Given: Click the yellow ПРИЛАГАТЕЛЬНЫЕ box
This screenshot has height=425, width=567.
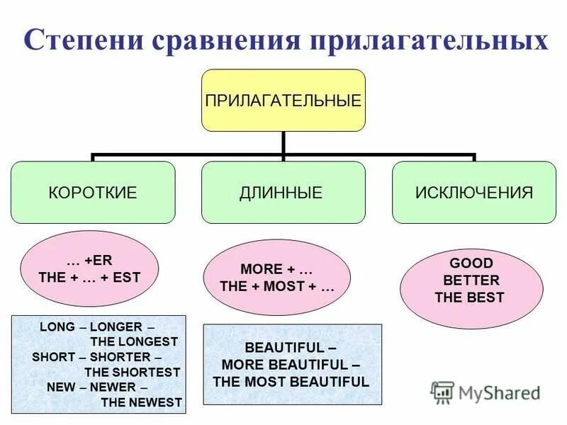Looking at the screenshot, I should point(283,100).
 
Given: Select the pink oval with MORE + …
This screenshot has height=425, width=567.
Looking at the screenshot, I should point(277,278).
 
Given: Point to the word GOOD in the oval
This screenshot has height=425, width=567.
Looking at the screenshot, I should point(468,263).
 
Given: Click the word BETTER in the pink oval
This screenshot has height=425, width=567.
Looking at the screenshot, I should point(471,280).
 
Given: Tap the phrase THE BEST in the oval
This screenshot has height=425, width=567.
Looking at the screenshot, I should point(469,297).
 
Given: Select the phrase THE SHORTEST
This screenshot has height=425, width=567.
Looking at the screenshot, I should point(133,372).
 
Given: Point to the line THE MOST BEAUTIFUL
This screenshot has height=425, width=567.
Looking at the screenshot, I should point(291,382).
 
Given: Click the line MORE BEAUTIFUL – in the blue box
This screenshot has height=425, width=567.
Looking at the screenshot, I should point(291,365).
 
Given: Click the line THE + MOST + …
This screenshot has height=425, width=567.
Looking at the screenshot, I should point(277,288).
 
